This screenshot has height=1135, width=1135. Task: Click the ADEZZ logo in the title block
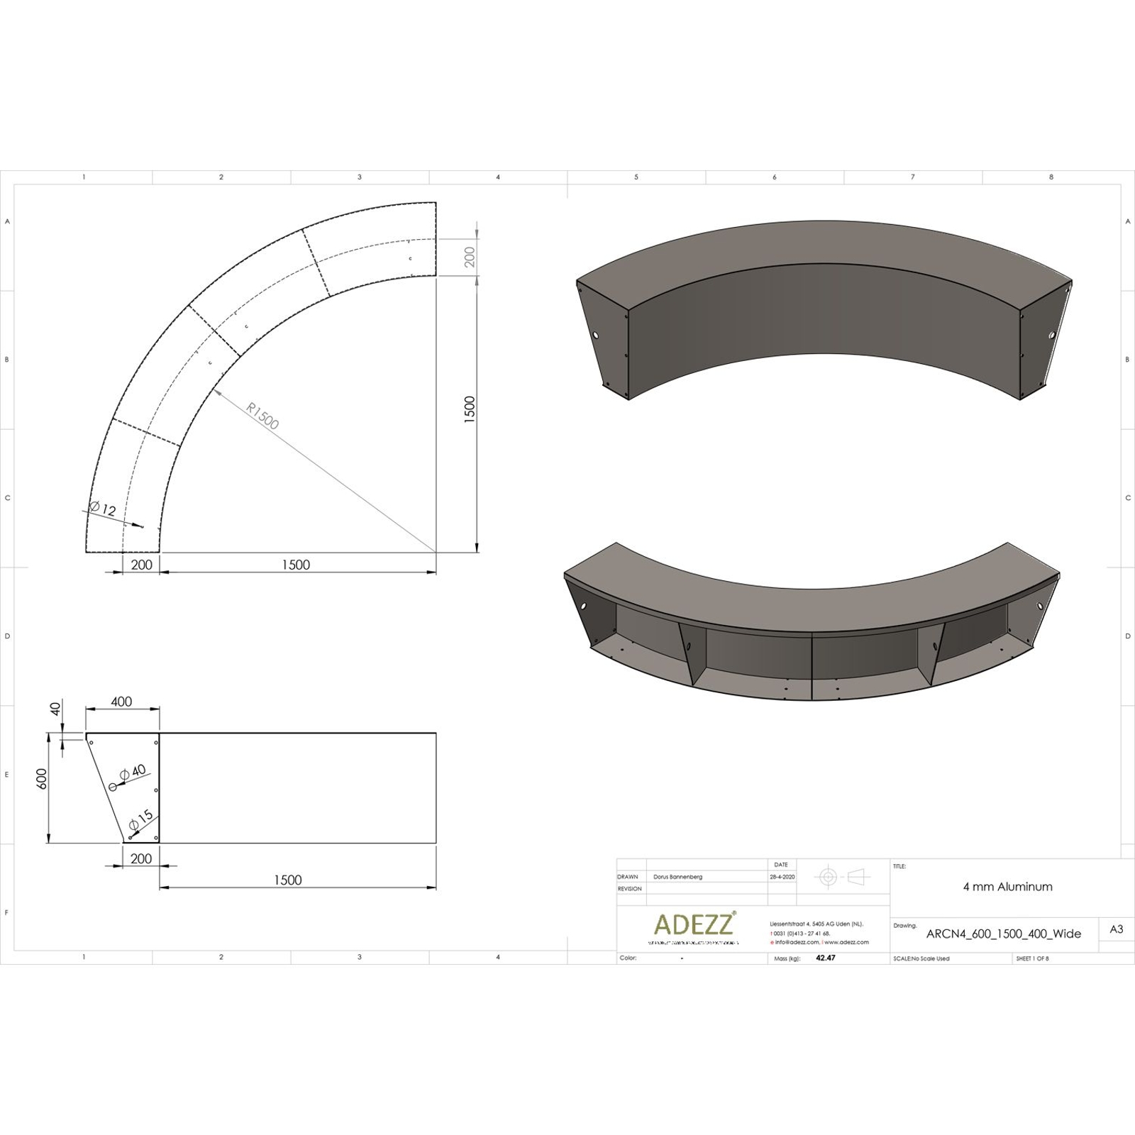(x=694, y=924)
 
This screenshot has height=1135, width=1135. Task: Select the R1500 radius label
(x=263, y=416)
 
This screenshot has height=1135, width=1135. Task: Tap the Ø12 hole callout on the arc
(x=103, y=509)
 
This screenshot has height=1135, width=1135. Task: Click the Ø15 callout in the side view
(x=141, y=819)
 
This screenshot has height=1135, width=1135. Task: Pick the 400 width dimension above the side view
(x=121, y=702)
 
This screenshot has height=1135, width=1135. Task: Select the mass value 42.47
(x=826, y=958)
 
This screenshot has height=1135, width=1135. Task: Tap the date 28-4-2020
(x=782, y=877)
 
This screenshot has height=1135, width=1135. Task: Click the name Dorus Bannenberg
(x=677, y=877)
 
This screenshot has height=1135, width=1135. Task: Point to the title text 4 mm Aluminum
(x=1007, y=887)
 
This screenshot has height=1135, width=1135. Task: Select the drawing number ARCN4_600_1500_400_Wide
(x=1004, y=934)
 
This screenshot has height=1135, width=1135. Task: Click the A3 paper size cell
(x=1116, y=929)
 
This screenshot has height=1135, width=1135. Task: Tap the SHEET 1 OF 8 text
(x=1032, y=958)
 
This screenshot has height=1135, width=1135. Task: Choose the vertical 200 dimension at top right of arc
(x=470, y=258)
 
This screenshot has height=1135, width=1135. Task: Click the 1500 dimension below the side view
(x=287, y=880)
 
